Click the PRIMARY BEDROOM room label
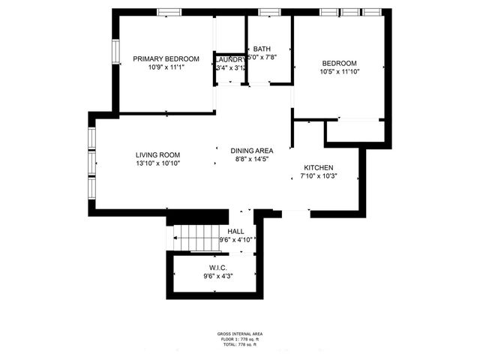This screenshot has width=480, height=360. [x=166, y=58]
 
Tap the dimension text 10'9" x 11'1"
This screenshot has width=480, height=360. [x=166, y=67]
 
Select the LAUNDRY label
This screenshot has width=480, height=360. [x=230, y=59]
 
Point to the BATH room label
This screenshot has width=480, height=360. [x=262, y=49]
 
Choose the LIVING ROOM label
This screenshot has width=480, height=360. [x=157, y=154]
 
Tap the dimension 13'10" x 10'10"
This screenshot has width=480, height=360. [x=157, y=163]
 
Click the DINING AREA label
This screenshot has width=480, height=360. [x=251, y=151]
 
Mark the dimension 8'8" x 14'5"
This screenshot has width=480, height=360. [x=251, y=159]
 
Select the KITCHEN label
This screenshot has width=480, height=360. [x=318, y=167]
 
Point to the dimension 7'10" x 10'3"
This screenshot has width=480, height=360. [x=318, y=176]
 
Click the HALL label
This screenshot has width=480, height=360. [x=235, y=232]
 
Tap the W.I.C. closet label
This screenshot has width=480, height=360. [x=217, y=268]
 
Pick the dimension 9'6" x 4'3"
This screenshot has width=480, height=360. [x=217, y=276]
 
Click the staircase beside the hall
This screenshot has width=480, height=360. [x=194, y=238]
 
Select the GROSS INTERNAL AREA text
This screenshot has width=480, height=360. [x=240, y=334]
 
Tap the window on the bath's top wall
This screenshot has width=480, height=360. [x=268, y=12]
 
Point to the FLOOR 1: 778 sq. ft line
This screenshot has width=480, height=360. [x=240, y=339]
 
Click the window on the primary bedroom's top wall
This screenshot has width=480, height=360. [x=167, y=12]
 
